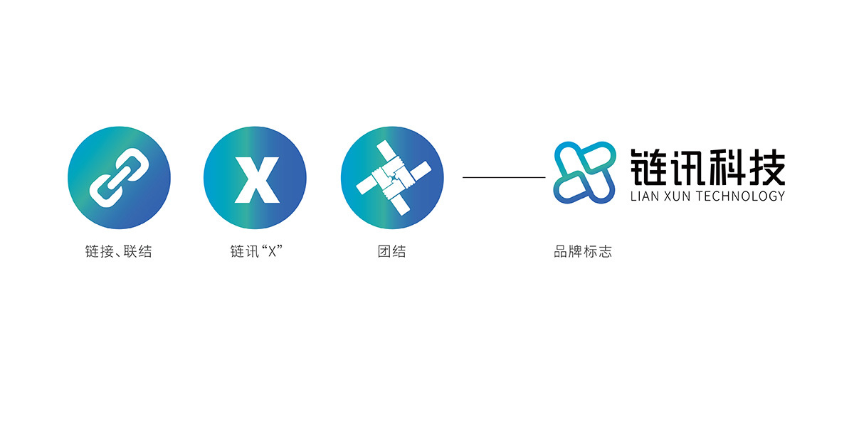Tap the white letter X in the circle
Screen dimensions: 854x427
257,179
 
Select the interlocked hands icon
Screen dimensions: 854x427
394,178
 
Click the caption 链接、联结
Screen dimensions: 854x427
119,252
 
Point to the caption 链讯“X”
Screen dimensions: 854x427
256,252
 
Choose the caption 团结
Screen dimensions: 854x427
392,252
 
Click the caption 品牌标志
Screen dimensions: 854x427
583,252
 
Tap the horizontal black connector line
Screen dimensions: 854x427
504,177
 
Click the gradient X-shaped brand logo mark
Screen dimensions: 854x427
584,172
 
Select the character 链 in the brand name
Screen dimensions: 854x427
648,168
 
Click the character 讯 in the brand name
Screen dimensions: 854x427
687,168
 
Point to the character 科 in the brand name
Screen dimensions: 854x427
727,168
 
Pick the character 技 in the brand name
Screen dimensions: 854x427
766,168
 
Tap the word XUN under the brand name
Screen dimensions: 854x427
677,196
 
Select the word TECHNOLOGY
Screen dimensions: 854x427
740,196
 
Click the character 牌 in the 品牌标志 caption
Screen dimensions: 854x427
576,252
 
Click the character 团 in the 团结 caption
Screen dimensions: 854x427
384,252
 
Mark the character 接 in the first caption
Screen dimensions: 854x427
107,252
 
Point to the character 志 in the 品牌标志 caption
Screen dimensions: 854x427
605,252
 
